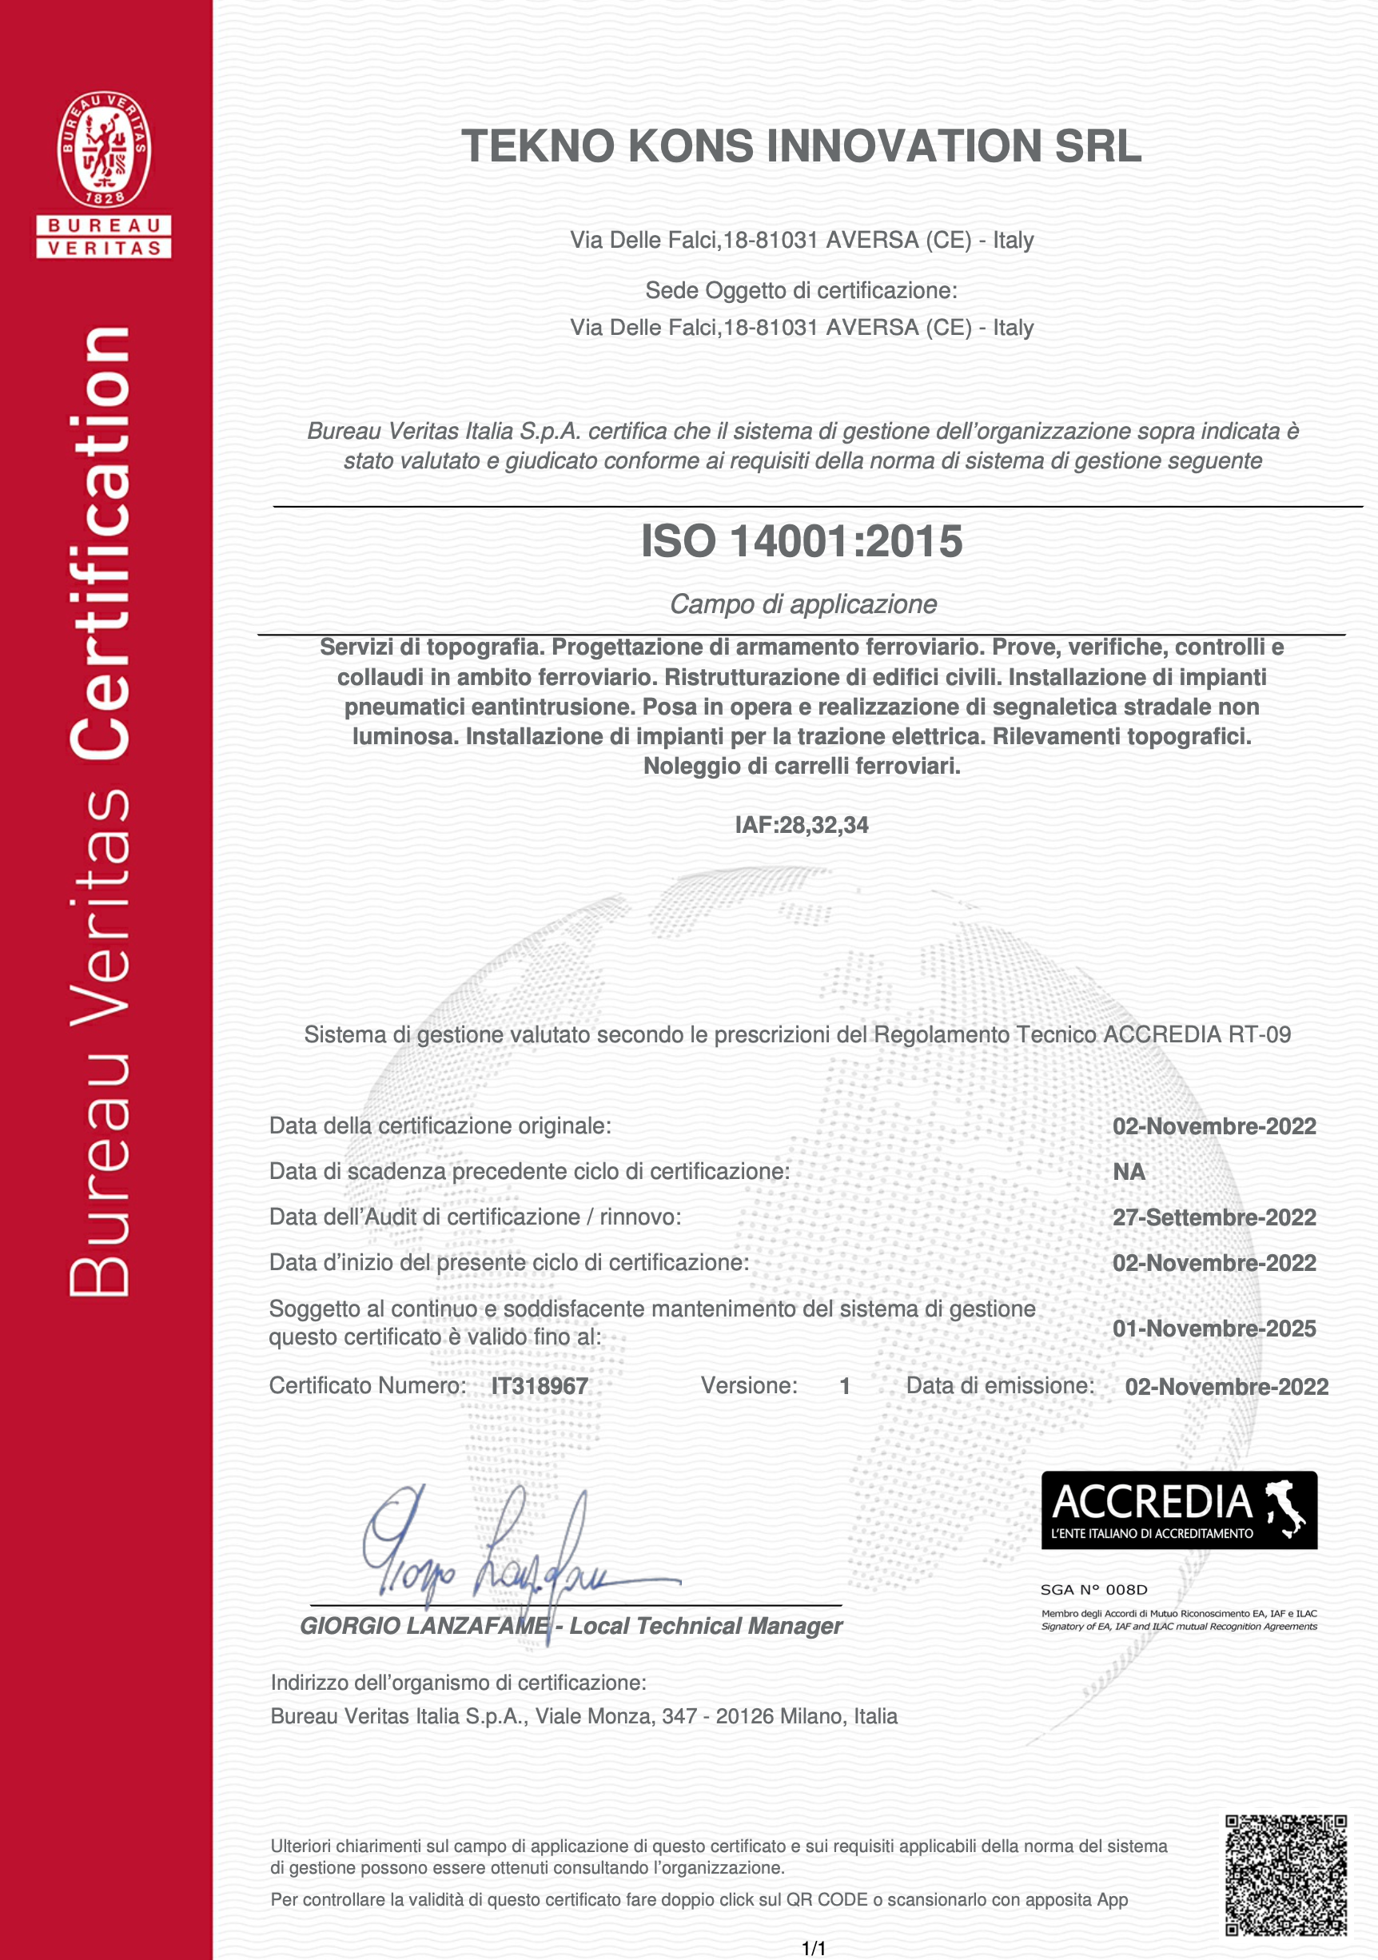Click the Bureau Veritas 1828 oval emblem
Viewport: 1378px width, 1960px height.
point(104,149)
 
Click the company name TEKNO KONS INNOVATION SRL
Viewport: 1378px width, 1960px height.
point(801,146)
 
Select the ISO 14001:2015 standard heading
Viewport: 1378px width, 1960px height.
point(802,541)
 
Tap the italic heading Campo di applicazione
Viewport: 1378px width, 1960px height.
point(803,604)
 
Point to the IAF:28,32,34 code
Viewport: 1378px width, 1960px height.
point(802,825)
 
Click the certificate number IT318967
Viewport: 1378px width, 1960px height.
point(540,1385)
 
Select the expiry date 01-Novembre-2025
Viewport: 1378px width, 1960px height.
point(1214,1329)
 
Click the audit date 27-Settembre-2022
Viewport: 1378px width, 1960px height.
point(1214,1217)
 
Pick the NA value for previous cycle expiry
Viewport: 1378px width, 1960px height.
point(1129,1172)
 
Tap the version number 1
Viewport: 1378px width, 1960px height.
point(844,1385)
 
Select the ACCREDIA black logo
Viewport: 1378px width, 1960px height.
point(1179,1510)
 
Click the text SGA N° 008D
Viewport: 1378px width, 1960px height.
point(1093,1590)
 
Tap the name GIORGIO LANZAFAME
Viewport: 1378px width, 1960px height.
point(424,1626)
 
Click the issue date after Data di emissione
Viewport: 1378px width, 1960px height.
point(1226,1386)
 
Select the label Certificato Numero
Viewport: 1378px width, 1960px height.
point(368,1385)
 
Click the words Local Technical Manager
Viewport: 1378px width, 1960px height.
point(705,1626)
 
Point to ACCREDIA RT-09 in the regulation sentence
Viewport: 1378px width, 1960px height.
point(1197,1034)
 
